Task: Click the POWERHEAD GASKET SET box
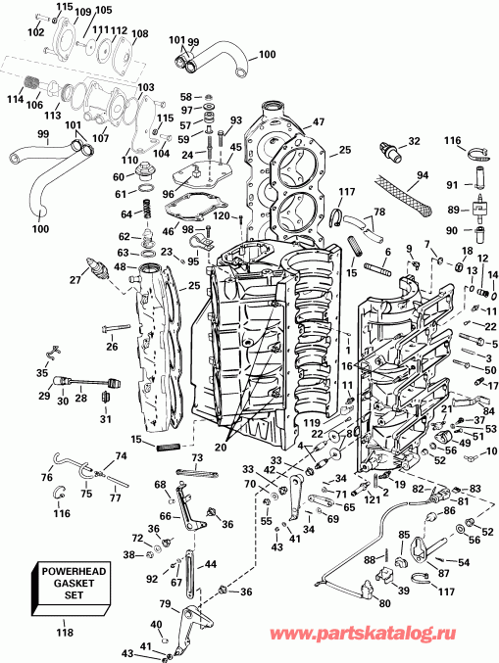70,588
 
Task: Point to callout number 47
318,122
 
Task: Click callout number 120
222,214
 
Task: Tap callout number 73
197,457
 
